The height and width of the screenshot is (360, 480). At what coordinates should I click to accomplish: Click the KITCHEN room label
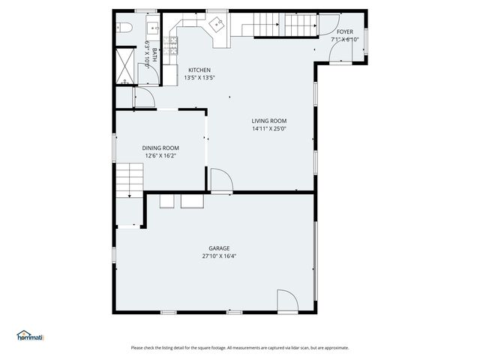[x=199, y=70]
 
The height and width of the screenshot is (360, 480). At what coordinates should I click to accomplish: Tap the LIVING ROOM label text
[x=269, y=121]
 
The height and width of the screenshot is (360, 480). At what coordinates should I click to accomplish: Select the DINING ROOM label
[x=160, y=148]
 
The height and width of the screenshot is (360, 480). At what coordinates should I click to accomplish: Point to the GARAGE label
[x=219, y=248]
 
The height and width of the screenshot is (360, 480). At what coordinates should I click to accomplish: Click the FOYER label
[x=344, y=31]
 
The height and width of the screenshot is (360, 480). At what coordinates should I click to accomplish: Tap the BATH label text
[x=154, y=55]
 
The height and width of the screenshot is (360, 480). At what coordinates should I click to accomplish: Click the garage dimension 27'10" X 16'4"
[x=219, y=256]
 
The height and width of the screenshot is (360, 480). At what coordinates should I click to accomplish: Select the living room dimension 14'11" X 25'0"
[x=269, y=128]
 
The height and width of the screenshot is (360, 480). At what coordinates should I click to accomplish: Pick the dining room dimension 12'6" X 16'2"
[x=160, y=155]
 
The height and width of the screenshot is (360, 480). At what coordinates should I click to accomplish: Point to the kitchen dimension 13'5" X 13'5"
[x=199, y=77]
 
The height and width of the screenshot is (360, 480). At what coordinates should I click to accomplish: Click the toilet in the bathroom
[x=124, y=28]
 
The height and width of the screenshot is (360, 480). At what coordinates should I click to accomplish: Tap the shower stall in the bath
[x=124, y=66]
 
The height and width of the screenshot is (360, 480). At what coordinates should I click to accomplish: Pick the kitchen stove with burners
[x=173, y=46]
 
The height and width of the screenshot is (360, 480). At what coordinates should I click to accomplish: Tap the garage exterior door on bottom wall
[x=287, y=301]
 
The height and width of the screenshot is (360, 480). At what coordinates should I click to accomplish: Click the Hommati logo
[x=30, y=336]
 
